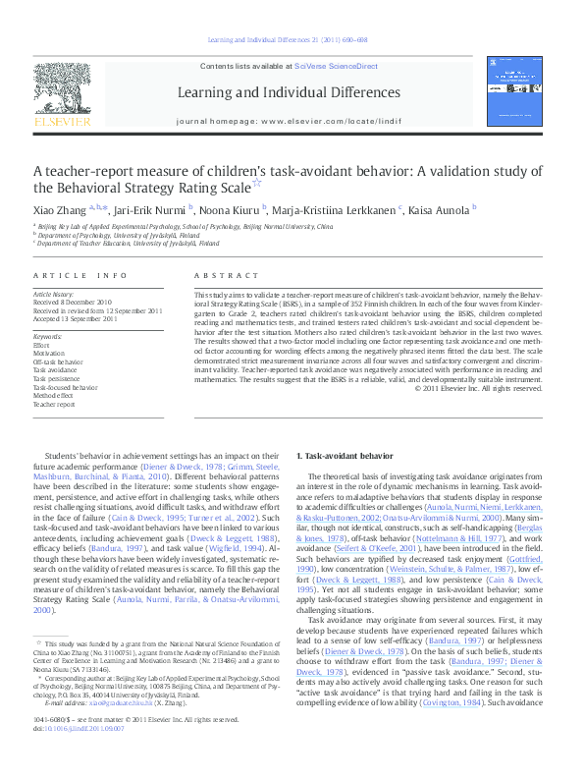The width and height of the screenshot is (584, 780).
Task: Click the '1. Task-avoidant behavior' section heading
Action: tap(345, 457)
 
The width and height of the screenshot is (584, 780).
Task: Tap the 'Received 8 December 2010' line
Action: tap(74, 303)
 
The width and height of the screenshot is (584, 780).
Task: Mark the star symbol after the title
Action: tap(257, 183)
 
